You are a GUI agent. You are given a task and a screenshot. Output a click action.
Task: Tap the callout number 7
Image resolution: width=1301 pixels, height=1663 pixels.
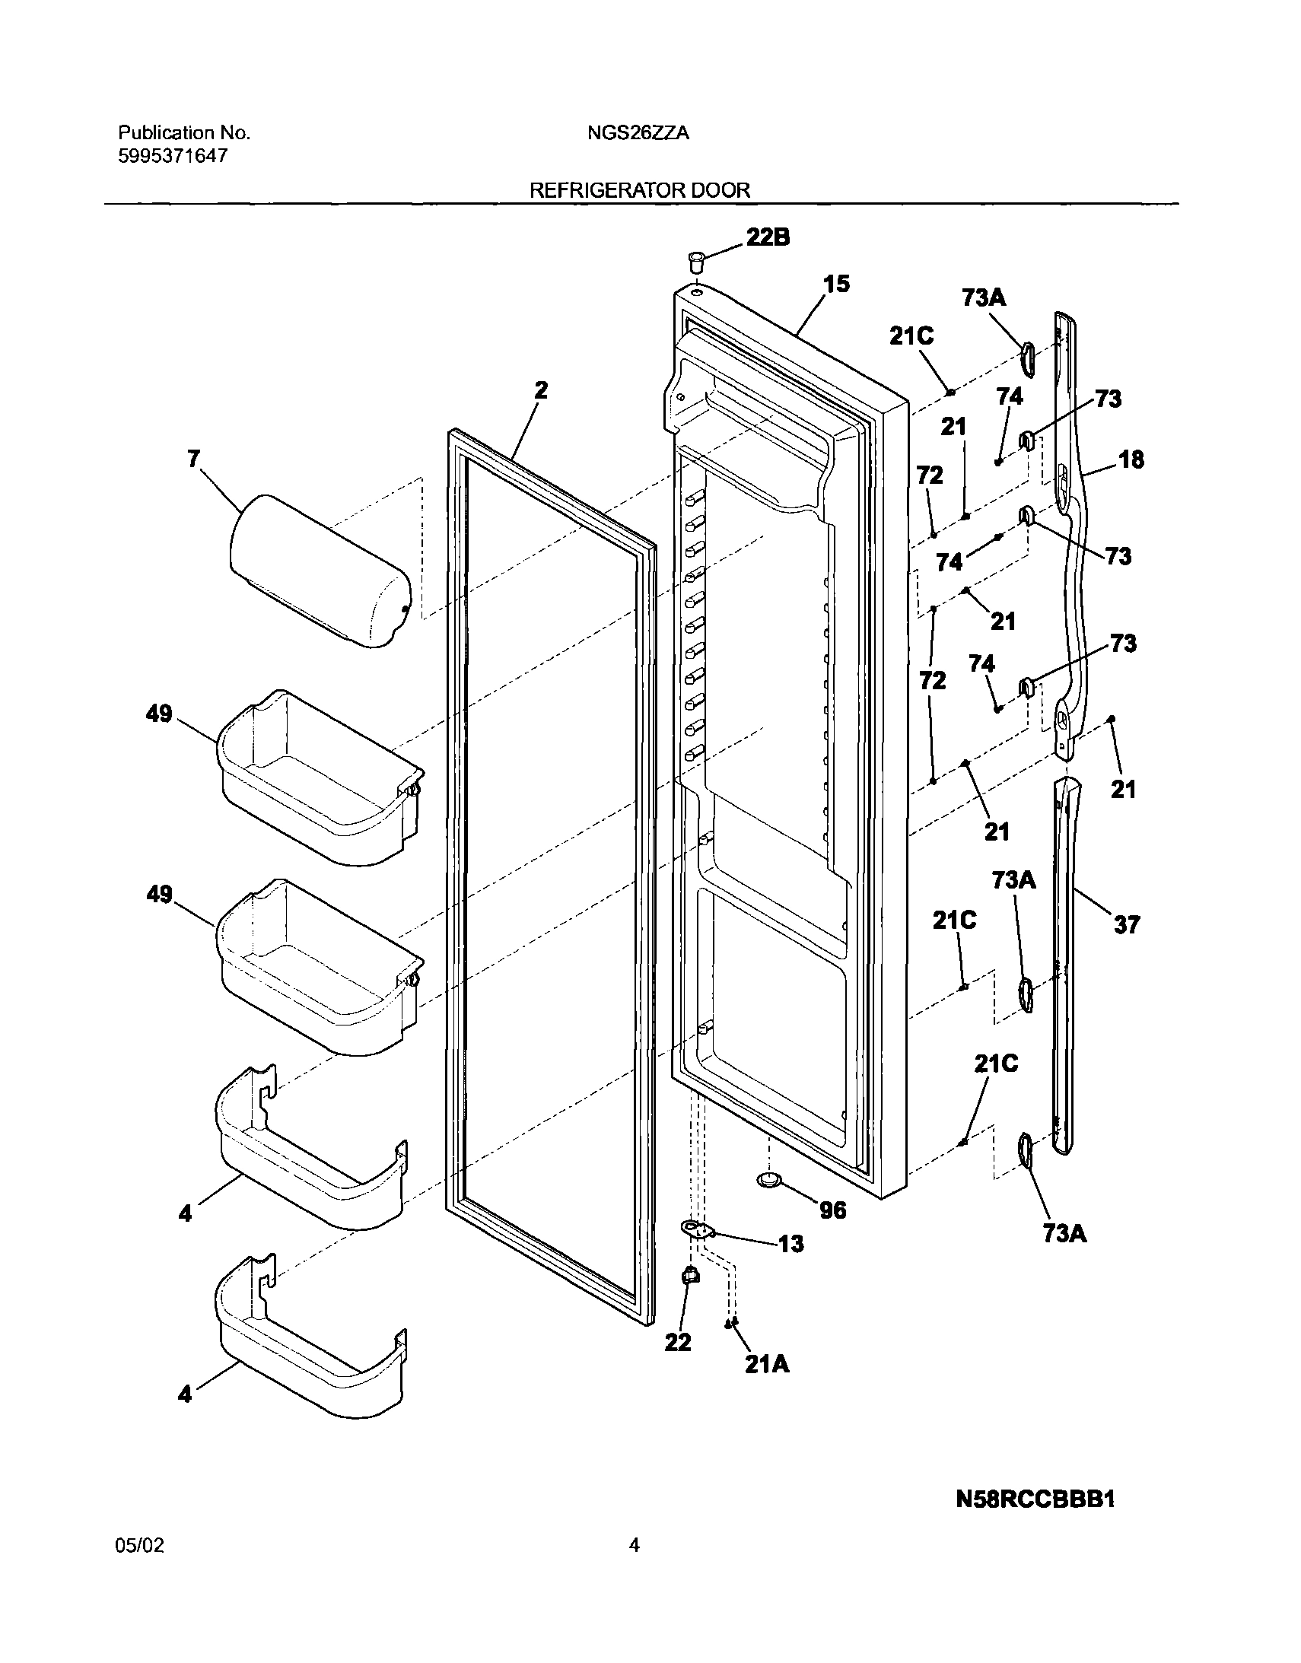tap(194, 459)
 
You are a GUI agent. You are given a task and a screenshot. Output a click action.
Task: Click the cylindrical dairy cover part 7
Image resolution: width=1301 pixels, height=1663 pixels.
tap(320, 570)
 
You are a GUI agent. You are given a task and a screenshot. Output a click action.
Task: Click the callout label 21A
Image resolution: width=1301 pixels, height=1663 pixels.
tap(767, 1366)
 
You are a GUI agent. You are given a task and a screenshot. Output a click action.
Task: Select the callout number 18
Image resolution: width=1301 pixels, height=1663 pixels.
tap(1131, 459)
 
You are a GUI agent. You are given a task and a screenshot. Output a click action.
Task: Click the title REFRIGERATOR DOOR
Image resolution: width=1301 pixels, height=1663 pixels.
tap(640, 189)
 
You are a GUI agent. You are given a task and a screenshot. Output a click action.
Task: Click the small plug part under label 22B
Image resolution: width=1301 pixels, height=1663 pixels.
tap(694, 262)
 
